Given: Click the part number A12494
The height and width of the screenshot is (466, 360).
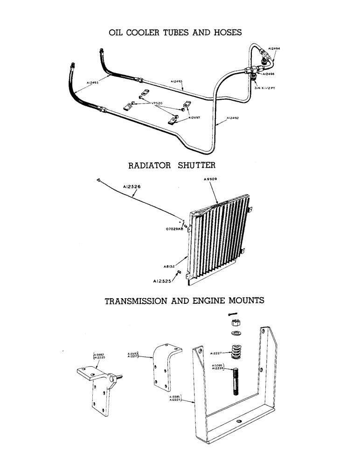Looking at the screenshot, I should click(274, 48).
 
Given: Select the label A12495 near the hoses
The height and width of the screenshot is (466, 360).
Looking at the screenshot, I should click(93, 82).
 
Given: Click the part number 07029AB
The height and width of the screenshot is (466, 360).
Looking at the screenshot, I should click(174, 229).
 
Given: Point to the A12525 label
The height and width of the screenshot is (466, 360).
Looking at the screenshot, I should click(163, 281).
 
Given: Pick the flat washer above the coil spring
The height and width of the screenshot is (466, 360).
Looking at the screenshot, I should click(235, 333).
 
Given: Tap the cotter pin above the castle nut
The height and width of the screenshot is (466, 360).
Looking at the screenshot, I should click(236, 314).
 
